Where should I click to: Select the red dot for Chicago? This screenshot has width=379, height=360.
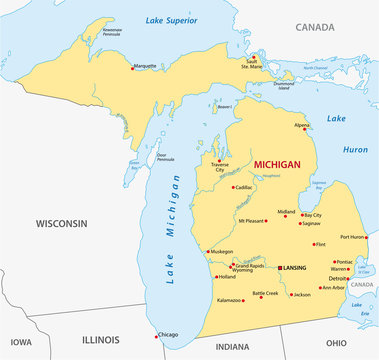point(153,335)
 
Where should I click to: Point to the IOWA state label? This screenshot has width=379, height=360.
point(19,341)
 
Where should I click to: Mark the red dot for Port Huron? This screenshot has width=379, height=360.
point(366,238)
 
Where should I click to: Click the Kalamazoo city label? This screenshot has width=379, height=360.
point(227,299)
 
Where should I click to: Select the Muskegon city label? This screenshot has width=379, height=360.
point(221,251)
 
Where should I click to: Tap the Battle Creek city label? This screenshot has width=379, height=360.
point(265,293)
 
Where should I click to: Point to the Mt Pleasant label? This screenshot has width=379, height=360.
point(254,219)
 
